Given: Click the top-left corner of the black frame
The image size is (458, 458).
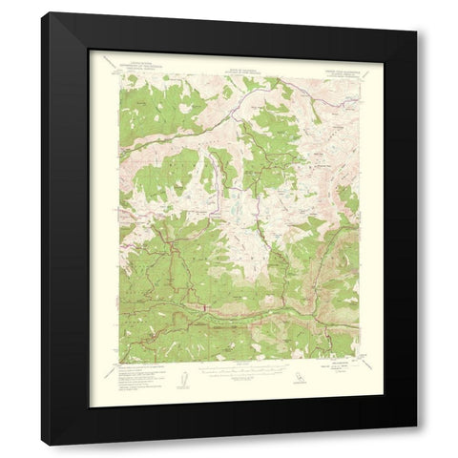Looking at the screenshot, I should pos(42,12).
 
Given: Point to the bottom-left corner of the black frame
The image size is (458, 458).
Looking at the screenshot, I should pos(42,446).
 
